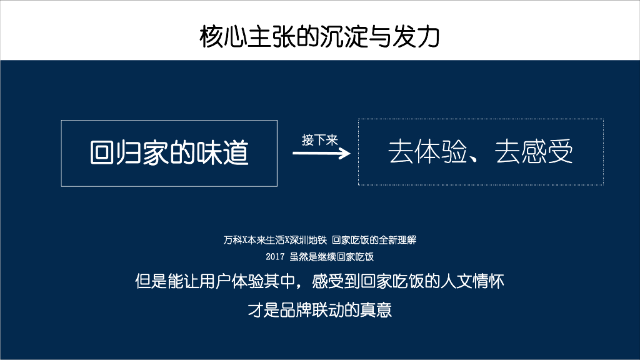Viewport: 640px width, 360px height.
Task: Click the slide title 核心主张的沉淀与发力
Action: [x=319, y=37]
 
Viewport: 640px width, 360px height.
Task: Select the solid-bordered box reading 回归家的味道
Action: [x=169, y=152]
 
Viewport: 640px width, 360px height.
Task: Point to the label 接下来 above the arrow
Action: [x=319, y=139]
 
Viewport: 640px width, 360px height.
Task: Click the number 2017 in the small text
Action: [x=275, y=256]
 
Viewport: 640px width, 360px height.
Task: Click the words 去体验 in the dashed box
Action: [x=427, y=152]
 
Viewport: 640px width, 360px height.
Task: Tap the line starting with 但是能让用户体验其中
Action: [x=319, y=281]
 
